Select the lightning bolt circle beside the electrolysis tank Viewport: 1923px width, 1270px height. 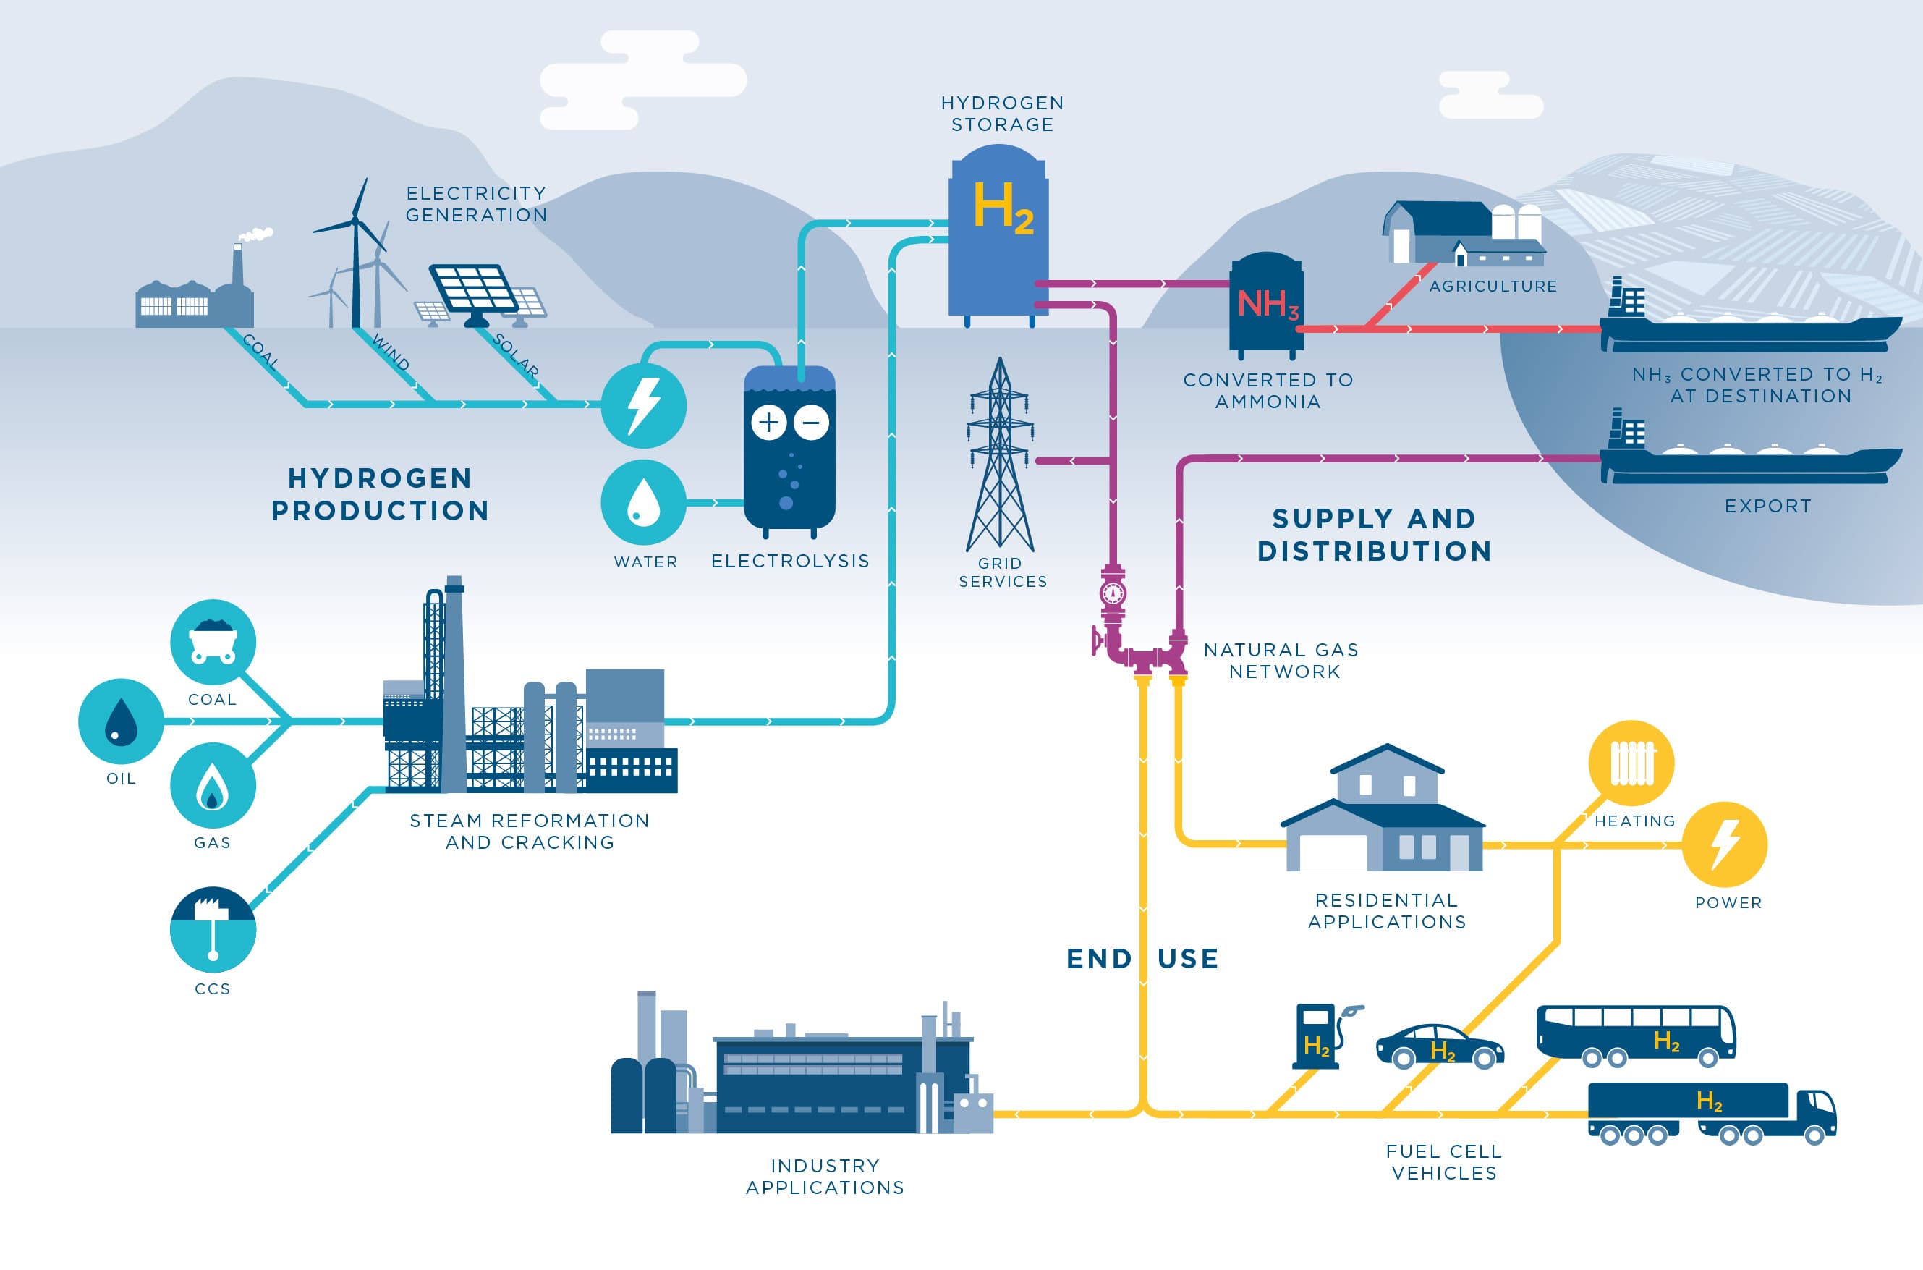point(644,405)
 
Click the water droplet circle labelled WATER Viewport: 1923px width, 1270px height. point(644,502)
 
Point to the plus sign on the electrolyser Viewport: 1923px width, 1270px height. point(768,422)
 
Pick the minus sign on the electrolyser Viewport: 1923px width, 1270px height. point(811,422)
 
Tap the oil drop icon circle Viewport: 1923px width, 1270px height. point(122,721)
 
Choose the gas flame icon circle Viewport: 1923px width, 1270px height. point(213,786)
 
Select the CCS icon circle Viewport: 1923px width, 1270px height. point(213,929)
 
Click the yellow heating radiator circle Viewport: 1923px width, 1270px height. point(1631,763)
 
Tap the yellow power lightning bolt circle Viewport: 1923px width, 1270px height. point(1725,844)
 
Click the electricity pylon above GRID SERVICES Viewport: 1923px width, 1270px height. point(1000,457)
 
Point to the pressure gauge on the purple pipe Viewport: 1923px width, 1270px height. point(1113,593)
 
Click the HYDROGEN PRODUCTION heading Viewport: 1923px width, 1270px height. point(380,494)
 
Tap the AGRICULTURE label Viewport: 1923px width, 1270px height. point(1493,286)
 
